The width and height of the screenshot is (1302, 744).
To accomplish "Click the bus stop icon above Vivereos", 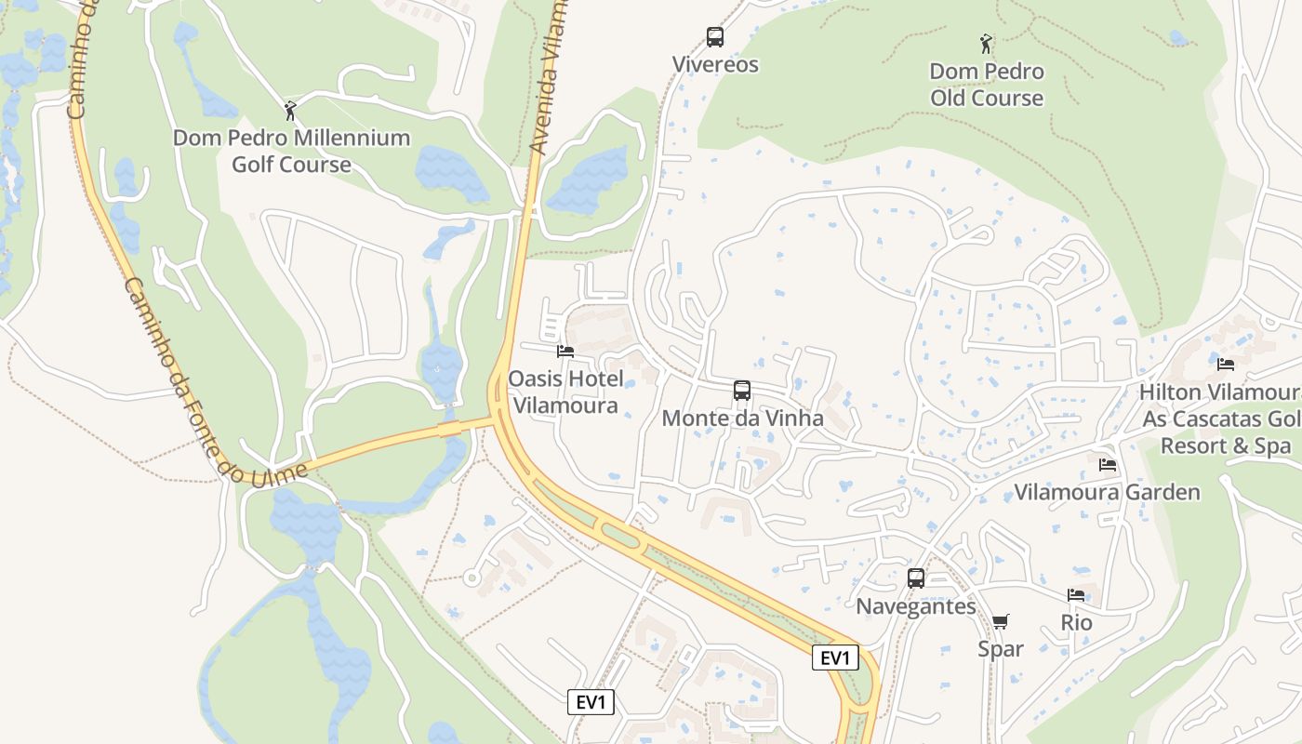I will [714, 37].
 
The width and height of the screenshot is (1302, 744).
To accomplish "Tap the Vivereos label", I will [716, 65].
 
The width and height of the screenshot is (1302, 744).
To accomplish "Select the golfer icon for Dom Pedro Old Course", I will [986, 43].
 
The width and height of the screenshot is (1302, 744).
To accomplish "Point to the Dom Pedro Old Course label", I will [987, 85].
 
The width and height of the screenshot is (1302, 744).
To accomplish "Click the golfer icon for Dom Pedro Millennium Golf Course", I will [290, 111].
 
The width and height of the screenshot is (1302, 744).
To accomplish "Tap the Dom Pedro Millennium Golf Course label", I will [291, 152].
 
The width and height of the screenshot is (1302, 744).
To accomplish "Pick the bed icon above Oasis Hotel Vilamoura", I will [565, 352].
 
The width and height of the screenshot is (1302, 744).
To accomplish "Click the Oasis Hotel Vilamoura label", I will [565, 392].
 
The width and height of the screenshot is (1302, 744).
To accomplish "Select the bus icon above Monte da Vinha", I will [741, 391].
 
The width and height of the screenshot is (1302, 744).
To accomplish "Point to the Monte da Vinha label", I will [742, 418].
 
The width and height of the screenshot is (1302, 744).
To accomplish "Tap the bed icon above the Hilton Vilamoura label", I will [1226, 365].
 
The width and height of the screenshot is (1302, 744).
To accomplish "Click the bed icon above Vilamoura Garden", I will [1107, 464].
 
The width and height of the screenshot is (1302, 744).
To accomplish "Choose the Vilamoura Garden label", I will [1107, 492].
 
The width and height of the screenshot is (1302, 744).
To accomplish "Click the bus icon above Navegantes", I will [916, 578].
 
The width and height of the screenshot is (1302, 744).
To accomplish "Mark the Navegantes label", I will [916, 606].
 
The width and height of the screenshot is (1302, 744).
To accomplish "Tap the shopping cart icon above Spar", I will [1001, 621].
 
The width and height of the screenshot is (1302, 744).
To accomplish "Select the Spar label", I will [1001, 649].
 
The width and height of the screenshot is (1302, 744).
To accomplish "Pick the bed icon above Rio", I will [1076, 595].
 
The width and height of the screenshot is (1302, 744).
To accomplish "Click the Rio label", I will [1076, 622].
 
